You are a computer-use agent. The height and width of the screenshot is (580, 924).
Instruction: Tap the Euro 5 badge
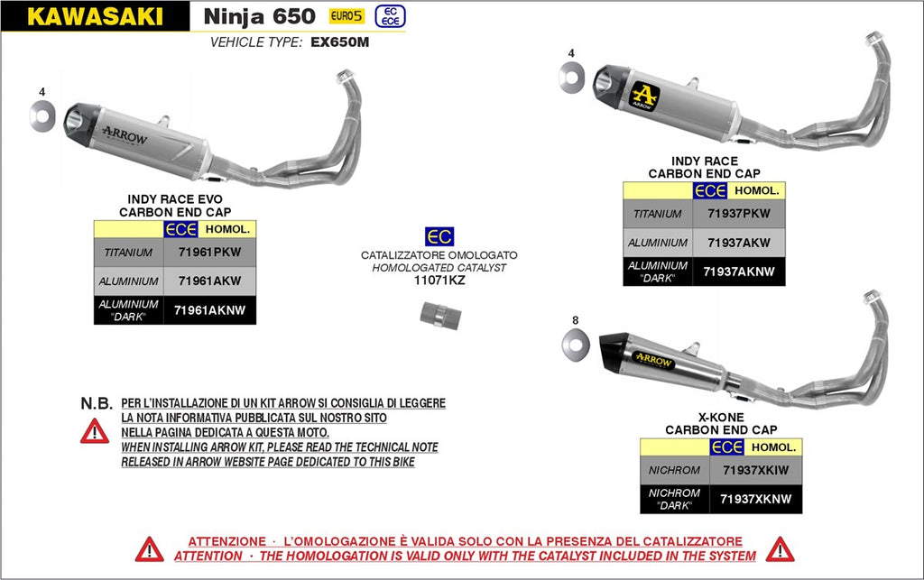(x=346, y=15)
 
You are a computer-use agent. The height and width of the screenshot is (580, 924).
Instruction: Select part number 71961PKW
(x=209, y=253)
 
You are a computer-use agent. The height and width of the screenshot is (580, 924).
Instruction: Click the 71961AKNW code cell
(x=209, y=310)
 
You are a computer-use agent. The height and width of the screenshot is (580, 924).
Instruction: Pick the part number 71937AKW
(x=739, y=243)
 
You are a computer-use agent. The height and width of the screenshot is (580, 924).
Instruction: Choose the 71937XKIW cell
(x=756, y=470)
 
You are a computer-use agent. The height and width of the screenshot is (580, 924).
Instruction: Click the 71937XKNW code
(x=756, y=499)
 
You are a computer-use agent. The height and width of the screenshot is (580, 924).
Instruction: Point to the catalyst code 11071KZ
(x=439, y=281)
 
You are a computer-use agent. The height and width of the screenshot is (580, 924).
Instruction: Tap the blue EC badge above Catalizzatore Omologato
(x=439, y=237)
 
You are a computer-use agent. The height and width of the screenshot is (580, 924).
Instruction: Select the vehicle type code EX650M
(x=340, y=41)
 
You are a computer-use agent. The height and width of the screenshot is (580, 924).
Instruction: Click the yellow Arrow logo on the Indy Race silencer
(x=645, y=95)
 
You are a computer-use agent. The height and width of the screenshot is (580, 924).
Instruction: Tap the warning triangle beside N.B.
(x=94, y=431)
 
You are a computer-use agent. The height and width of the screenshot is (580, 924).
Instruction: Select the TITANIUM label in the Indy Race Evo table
(x=128, y=253)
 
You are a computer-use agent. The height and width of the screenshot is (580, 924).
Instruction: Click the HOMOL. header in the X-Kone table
(x=773, y=447)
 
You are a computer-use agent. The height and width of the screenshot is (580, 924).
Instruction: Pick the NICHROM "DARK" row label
(x=673, y=499)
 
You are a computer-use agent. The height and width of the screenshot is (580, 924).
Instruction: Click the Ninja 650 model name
(x=259, y=16)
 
